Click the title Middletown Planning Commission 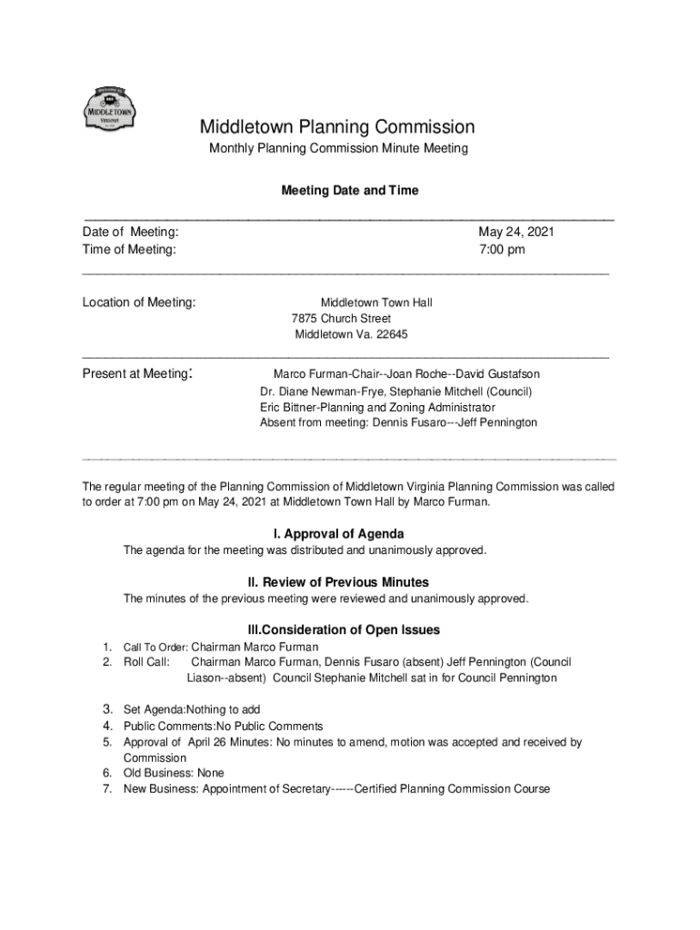coord(337,127)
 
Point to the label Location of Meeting coord(139,302)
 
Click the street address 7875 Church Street coord(341,319)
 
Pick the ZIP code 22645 coord(393,334)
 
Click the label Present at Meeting coord(136,373)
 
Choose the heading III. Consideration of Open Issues coord(344,629)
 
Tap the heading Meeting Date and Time coord(350,192)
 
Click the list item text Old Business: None coord(174,773)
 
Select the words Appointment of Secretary coord(266,788)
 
